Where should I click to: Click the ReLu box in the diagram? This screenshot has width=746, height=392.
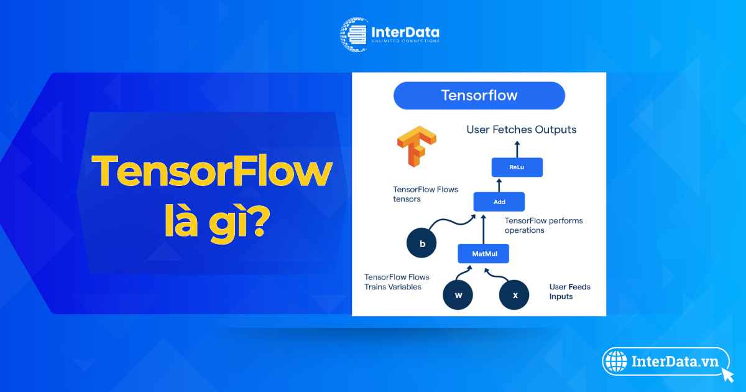[x=517, y=167]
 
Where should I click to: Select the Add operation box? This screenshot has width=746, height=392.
[x=499, y=202]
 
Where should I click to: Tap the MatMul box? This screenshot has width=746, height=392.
[x=483, y=254]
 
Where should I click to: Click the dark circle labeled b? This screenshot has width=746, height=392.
[x=421, y=243]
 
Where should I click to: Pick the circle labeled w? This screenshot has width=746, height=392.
[x=458, y=295]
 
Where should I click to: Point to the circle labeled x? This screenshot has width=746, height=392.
[x=514, y=295]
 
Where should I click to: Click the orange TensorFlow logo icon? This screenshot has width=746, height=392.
[x=417, y=146]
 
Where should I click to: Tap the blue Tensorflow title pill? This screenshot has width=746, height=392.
[x=479, y=96]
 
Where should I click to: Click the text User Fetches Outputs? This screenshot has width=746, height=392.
[x=521, y=129]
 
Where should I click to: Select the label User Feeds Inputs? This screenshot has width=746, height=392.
[x=569, y=292]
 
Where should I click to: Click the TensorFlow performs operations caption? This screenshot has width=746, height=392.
[x=543, y=225]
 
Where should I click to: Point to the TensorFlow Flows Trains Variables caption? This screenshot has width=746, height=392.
[x=397, y=282]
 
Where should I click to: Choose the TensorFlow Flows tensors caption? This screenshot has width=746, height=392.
[x=425, y=194]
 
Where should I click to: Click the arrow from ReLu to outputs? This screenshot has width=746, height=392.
[x=517, y=149]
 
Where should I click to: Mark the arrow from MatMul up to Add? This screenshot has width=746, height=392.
[x=484, y=230]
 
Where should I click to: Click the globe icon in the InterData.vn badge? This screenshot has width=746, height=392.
[x=616, y=362]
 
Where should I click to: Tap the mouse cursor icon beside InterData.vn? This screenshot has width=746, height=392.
[x=729, y=375]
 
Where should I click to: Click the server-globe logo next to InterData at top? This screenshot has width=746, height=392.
[x=354, y=35]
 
